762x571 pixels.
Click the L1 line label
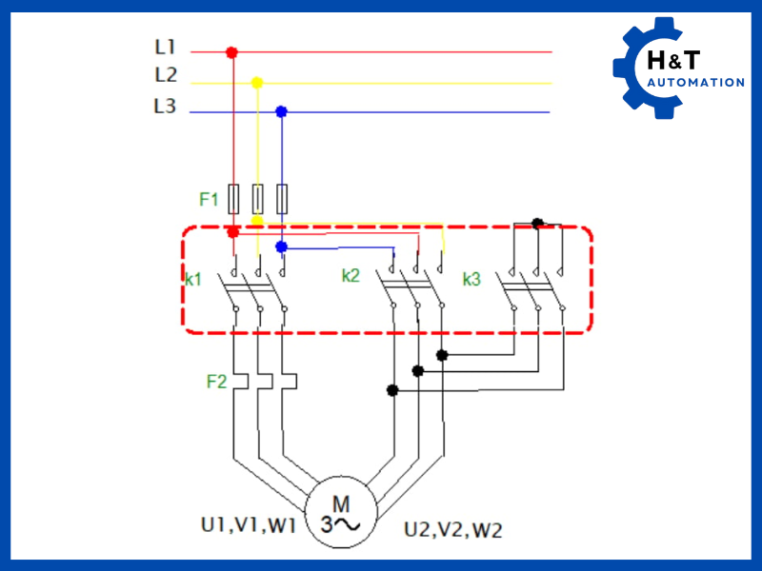click(x=165, y=46)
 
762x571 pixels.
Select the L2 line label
click(x=165, y=75)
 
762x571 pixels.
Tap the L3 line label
click(x=165, y=107)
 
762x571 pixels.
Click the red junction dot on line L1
click(x=231, y=52)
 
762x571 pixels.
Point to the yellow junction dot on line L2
click(x=256, y=83)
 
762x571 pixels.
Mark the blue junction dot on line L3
click(x=281, y=111)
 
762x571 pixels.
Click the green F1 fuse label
click(x=209, y=200)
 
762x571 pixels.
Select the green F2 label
click(x=216, y=382)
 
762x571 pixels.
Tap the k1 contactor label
click(x=194, y=280)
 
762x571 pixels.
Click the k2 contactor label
click(x=351, y=276)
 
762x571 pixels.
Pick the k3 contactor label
click(x=472, y=280)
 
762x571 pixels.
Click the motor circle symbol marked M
click(x=340, y=514)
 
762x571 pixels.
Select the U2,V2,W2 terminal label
click(x=452, y=529)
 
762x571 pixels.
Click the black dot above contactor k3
click(x=537, y=223)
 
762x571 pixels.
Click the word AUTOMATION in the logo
click(x=695, y=83)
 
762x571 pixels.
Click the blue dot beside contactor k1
click(x=281, y=246)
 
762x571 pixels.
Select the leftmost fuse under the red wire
click(x=233, y=198)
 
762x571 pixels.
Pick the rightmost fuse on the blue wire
click(x=282, y=198)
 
